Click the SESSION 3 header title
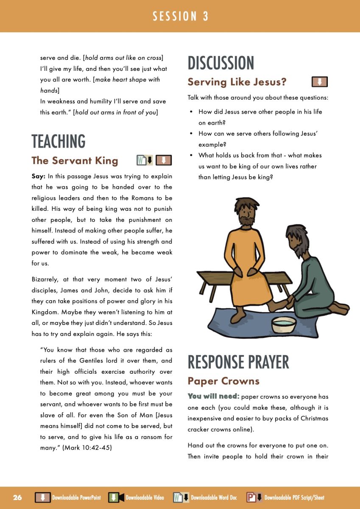[x=180, y=16]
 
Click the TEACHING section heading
[x=59, y=141]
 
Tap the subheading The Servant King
[x=75, y=160]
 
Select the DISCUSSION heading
[x=221, y=63]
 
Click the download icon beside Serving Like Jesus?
[x=320, y=81]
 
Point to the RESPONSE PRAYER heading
[x=238, y=362]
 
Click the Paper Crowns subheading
[x=223, y=381]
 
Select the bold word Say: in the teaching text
[x=39, y=176]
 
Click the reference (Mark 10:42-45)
[x=87, y=448]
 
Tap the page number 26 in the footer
[x=17, y=498]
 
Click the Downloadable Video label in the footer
[x=145, y=498]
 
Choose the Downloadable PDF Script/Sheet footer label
[x=294, y=498]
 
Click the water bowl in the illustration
[x=283, y=324]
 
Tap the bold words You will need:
[x=213, y=397]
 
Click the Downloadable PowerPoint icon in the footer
[x=42, y=498]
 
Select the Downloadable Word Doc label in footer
[x=214, y=498]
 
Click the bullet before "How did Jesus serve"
[x=191, y=112]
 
